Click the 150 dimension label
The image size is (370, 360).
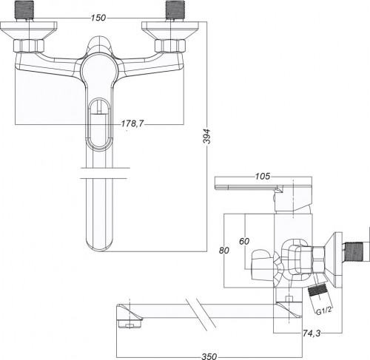click(x=98, y=18)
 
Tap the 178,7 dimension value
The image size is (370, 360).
click(x=132, y=123)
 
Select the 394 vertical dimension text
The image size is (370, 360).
click(x=206, y=136)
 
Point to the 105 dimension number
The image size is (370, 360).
click(x=263, y=177)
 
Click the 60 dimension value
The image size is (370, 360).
click(x=244, y=241)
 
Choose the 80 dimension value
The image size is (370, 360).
click(x=224, y=251)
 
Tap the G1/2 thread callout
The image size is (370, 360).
click(x=324, y=311)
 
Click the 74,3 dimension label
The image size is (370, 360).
click(x=312, y=333)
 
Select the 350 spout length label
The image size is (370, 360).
click(x=209, y=356)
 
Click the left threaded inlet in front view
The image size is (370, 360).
click(x=25, y=10)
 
